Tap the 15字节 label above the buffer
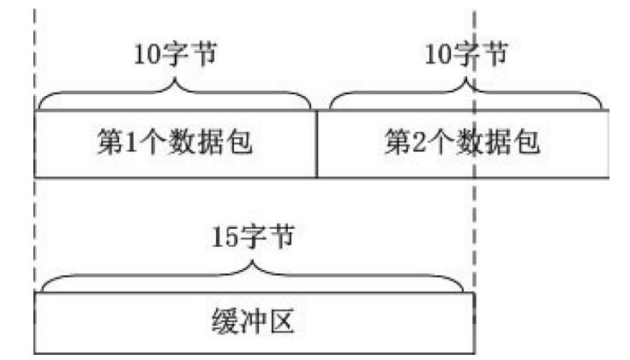tap(253, 235)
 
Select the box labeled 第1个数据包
tap(176, 143)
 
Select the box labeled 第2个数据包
tap(463, 143)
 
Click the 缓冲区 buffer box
tap(254, 323)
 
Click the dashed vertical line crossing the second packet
tap(475, 214)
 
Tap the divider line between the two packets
tap(317, 143)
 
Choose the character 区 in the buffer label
tap(283, 322)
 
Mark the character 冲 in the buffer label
tap(254, 322)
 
